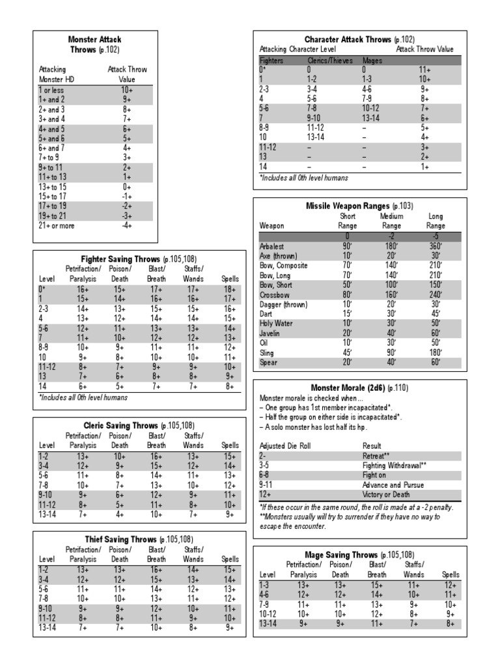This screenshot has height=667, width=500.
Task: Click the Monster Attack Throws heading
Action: coord(95,44)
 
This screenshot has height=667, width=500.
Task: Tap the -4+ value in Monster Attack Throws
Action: coord(127,225)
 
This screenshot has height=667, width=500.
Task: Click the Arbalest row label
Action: coord(273,246)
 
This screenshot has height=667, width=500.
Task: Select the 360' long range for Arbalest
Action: coord(436,246)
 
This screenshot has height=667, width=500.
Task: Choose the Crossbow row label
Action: coord(274,294)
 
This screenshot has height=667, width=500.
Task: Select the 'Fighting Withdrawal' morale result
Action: coord(395,466)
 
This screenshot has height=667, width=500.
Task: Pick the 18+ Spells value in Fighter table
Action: coord(229,289)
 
